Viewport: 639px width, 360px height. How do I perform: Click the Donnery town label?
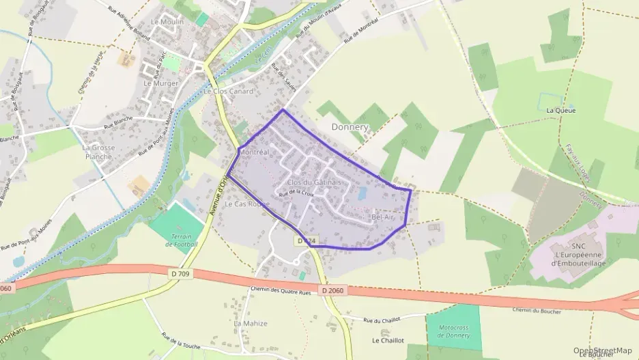(x=350, y=127)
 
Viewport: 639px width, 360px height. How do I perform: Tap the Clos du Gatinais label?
(x=313, y=182)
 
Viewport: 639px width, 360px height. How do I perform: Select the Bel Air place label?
(x=383, y=217)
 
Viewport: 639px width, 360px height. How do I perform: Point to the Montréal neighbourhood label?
(x=255, y=151)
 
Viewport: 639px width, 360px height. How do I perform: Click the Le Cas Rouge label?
(x=247, y=204)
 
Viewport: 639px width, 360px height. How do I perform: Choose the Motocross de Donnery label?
(x=453, y=331)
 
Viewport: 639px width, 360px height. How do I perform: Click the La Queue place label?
(x=561, y=110)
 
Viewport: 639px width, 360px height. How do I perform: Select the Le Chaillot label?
(x=388, y=340)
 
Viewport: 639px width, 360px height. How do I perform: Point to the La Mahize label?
(x=251, y=323)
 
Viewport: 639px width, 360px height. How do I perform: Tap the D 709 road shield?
(x=179, y=273)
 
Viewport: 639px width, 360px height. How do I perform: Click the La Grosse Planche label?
(x=99, y=151)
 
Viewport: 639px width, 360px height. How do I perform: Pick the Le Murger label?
(x=160, y=83)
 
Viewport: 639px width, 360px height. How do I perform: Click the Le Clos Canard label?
(x=229, y=91)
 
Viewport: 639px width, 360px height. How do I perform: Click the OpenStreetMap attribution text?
(x=603, y=350)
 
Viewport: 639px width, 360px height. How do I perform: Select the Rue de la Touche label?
(x=180, y=341)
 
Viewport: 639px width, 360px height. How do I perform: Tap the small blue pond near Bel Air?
(x=362, y=194)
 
